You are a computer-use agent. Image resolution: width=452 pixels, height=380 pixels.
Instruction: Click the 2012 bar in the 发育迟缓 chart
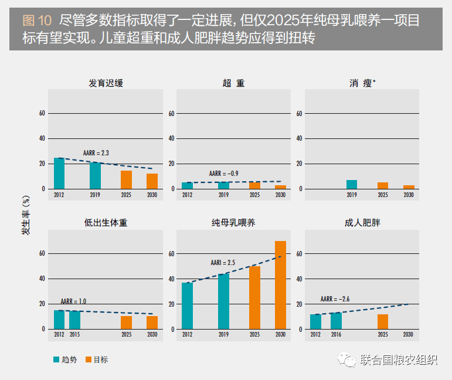pyautogui.click(x=59, y=173)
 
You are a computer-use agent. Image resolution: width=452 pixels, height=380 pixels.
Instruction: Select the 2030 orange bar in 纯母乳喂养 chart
pyautogui.click(x=280, y=285)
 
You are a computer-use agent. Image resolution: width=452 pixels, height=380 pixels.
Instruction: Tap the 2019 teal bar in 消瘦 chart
pyautogui.click(x=351, y=184)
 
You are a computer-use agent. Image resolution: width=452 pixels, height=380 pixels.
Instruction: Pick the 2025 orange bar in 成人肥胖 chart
pyautogui.click(x=383, y=321)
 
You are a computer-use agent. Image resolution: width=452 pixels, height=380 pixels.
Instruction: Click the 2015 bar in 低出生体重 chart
pyautogui.click(x=74, y=320)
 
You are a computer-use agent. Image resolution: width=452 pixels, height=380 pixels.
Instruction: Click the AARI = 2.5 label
pyautogui.click(x=223, y=263)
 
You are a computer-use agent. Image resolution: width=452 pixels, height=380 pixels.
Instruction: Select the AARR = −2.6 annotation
pyautogui.click(x=335, y=299)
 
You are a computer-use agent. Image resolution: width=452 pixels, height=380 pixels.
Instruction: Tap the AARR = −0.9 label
pyautogui.click(x=224, y=174)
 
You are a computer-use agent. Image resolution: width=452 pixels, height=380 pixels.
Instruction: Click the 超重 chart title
pyautogui.click(x=233, y=83)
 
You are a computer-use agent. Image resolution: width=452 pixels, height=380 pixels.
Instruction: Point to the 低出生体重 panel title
pyautogui.click(x=106, y=223)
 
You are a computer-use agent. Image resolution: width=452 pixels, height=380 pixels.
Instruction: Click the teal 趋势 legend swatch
pyautogui.click(x=56, y=359)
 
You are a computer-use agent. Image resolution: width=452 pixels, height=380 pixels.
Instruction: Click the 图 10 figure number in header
pyautogui.click(x=36, y=21)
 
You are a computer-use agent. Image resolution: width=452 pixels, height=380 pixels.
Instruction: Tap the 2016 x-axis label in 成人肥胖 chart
pyautogui.click(x=335, y=334)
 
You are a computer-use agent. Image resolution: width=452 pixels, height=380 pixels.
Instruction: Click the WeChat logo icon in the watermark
pyautogui.click(x=349, y=359)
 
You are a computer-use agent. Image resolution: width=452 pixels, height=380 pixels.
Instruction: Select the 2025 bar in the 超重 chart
pyautogui.click(x=254, y=185)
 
